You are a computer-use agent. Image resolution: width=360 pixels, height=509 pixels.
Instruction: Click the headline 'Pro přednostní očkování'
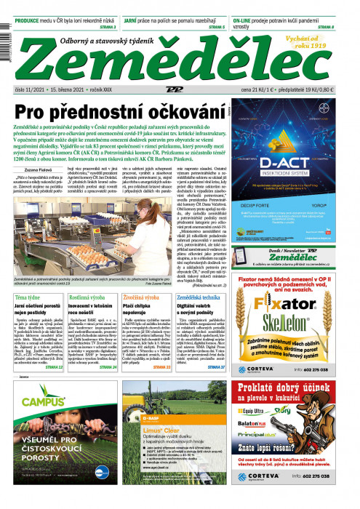pos(117,113)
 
